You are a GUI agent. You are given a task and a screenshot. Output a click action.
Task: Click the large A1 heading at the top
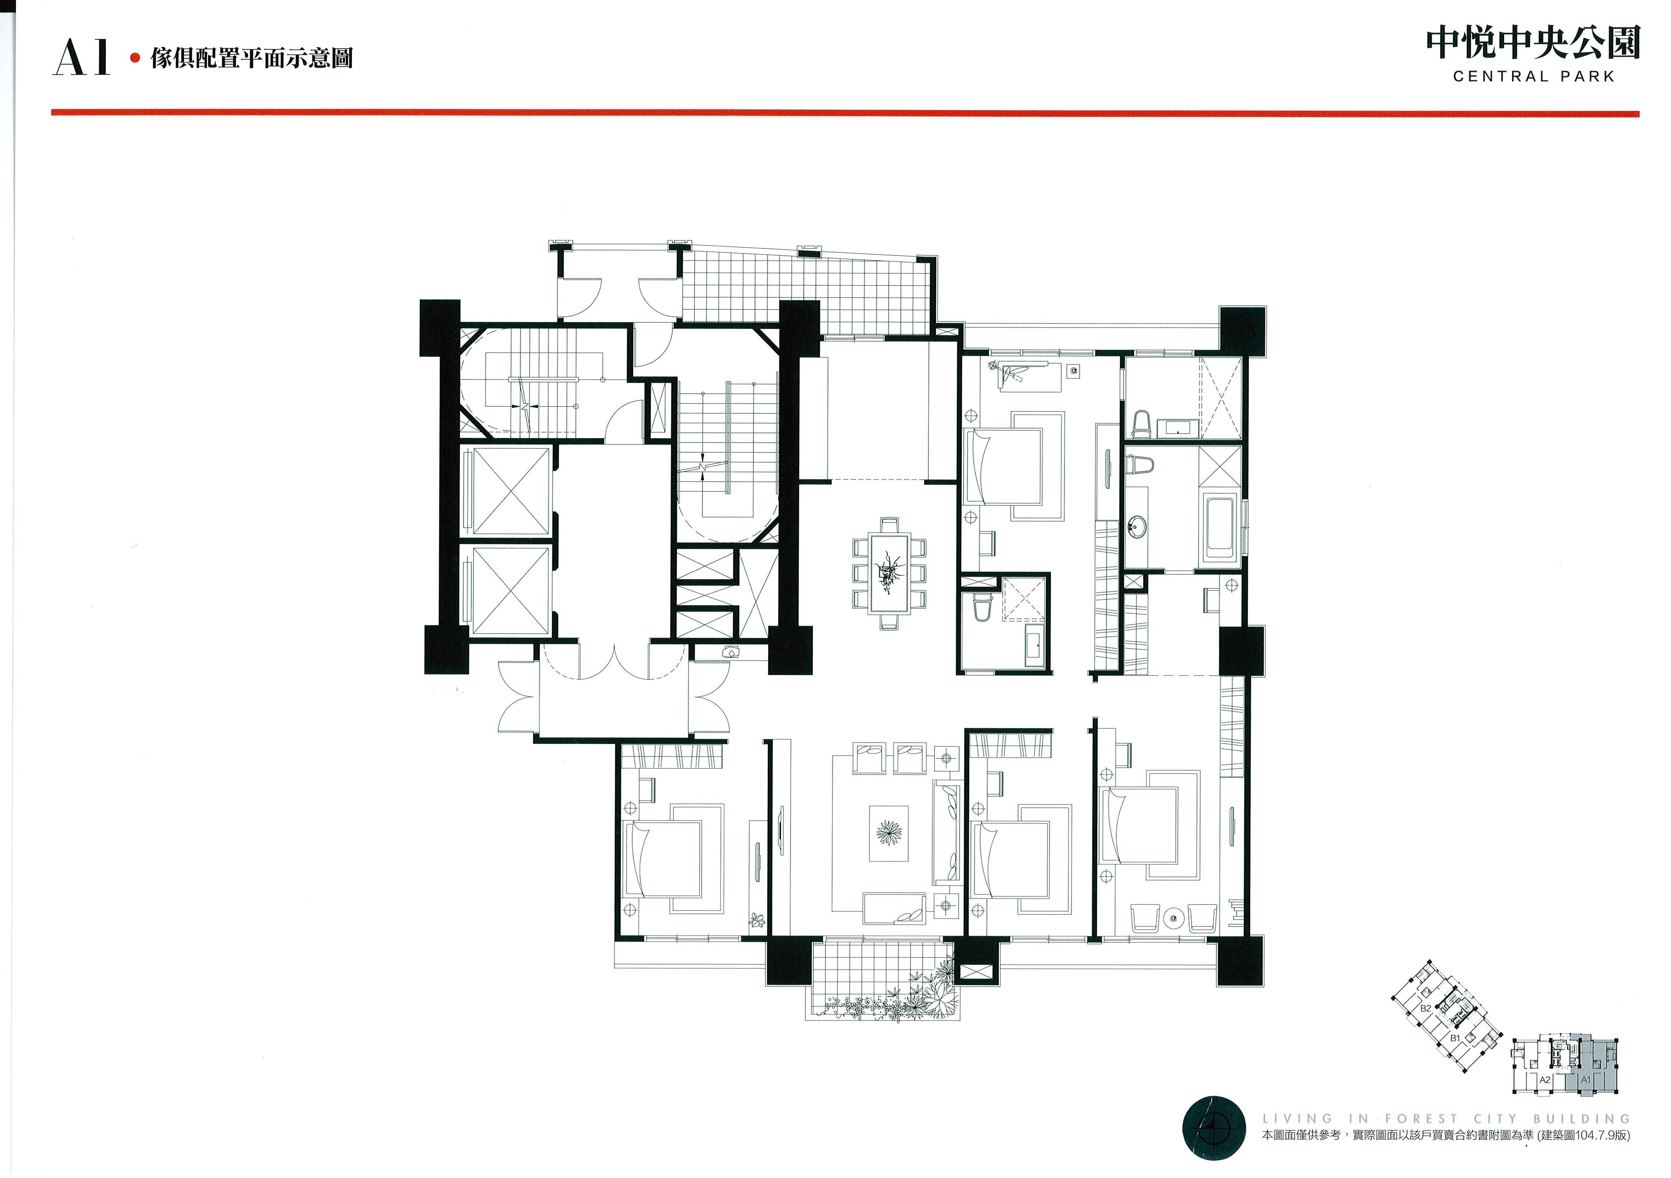click(81, 58)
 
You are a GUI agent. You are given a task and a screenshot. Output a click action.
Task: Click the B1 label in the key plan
click(1455, 1038)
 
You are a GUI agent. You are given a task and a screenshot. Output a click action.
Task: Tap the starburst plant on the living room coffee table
click(888, 832)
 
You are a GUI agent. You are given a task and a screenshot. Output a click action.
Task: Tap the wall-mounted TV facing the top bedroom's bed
click(1106, 473)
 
